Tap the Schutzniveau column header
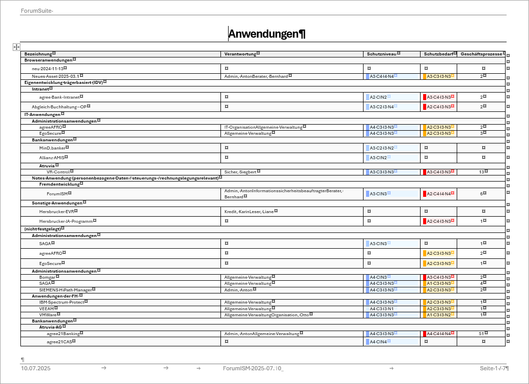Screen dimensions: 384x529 click(382, 54)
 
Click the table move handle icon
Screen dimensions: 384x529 click(16, 47)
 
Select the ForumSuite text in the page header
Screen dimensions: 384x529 click(36, 11)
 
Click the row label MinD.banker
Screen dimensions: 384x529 click(52, 148)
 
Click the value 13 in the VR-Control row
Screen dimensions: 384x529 click(481, 172)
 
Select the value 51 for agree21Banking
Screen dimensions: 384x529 click(481, 334)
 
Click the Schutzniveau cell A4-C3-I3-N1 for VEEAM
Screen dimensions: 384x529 click(382, 309)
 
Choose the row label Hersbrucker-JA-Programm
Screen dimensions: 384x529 click(66, 221)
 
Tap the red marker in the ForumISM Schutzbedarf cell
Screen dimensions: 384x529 click(425, 194)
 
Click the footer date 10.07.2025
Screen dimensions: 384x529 click(36, 368)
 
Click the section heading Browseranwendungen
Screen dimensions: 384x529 click(48, 60)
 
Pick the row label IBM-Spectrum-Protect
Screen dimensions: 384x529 click(62, 302)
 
